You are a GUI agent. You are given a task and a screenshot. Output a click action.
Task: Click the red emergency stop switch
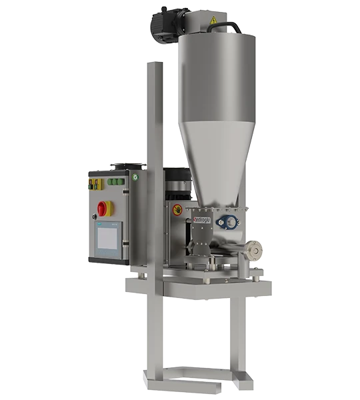103,208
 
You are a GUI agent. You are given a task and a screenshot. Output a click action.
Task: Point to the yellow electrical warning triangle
213,21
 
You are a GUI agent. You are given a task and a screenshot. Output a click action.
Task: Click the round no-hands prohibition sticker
177,211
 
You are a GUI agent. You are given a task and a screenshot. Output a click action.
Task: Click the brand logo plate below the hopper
201,217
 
